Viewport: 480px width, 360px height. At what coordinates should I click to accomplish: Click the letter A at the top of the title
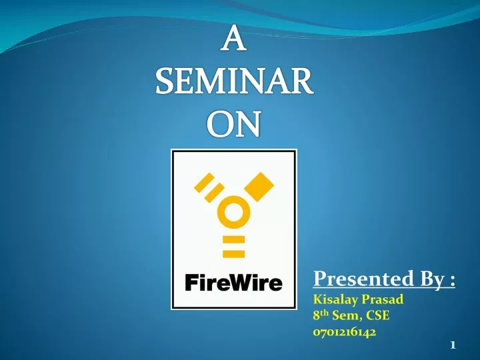coord(233,40)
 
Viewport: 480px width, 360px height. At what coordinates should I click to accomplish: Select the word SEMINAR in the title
coord(233,83)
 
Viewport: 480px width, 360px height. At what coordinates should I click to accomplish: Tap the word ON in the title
coord(233,123)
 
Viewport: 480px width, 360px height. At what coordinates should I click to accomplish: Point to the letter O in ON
coord(221,123)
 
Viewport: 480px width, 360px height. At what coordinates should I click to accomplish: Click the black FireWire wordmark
coord(233,283)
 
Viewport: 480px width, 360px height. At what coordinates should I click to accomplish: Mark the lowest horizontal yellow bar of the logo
coord(233,253)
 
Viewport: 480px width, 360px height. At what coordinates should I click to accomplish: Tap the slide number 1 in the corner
coord(453,345)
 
